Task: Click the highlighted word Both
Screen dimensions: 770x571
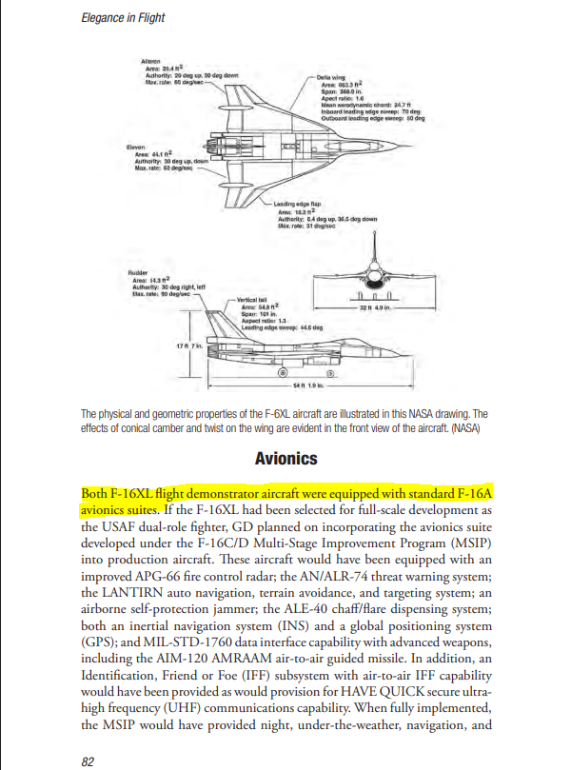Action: coord(95,494)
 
